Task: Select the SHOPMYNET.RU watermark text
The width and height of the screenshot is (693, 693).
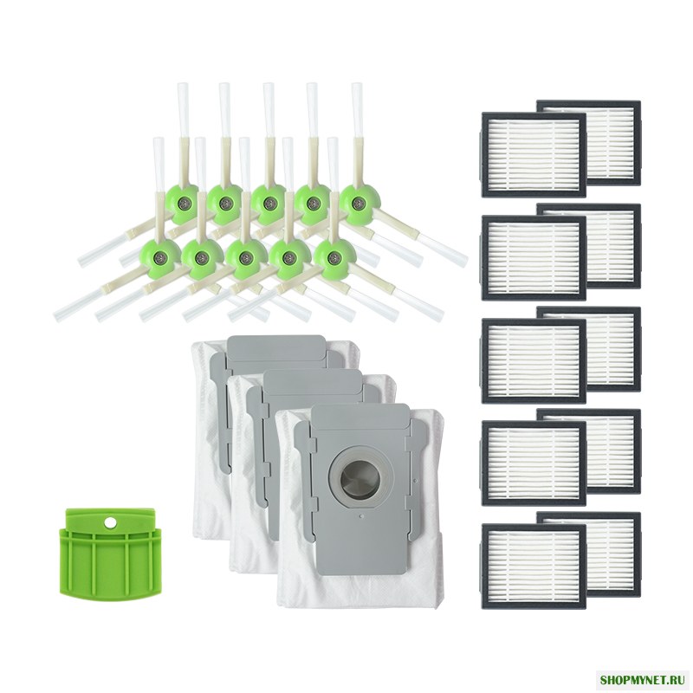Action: (644, 678)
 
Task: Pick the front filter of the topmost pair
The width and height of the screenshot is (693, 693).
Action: (533, 155)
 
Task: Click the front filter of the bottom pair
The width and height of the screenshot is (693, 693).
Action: (533, 567)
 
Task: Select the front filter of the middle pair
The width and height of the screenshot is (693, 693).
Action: (533, 360)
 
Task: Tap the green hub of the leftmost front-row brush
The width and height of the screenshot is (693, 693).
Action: (159, 256)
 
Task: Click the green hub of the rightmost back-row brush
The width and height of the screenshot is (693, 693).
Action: (357, 203)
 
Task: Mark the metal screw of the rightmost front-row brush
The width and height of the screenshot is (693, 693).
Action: (334, 256)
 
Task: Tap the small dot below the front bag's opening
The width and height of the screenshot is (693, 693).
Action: (361, 515)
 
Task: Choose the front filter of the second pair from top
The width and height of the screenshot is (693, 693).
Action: (533, 257)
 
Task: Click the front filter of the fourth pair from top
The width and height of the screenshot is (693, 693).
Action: (533, 463)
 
